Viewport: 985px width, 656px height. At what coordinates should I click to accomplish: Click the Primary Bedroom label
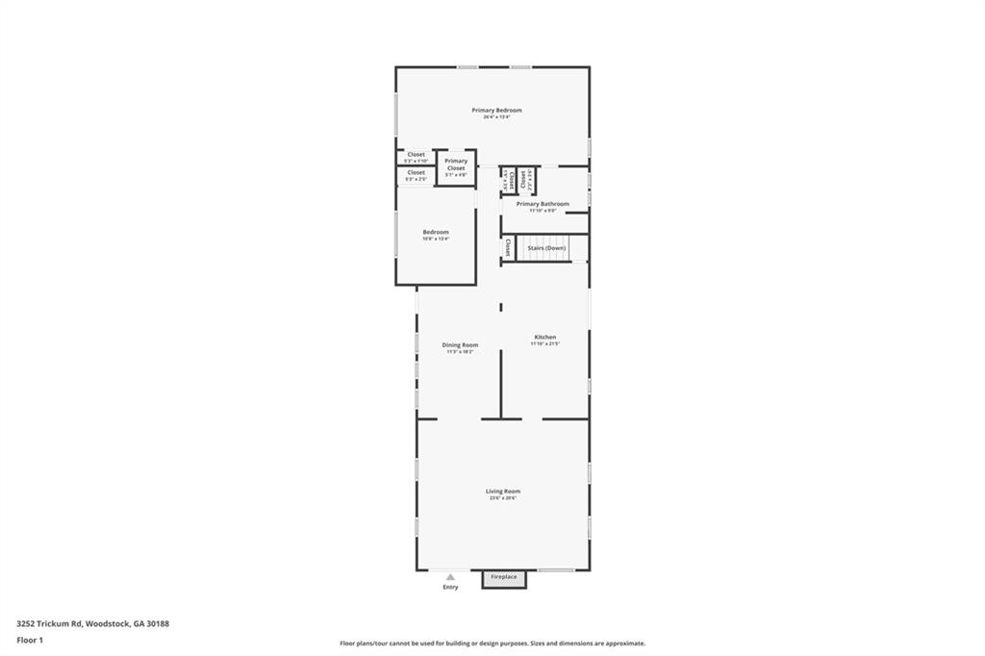tap(496, 111)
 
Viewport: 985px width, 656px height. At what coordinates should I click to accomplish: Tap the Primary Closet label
tap(456, 164)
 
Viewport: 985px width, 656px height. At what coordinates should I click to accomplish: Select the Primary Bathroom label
tap(543, 204)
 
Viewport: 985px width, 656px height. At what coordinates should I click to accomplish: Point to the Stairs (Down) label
tap(546, 248)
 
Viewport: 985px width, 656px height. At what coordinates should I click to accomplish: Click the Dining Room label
tap(460, 344)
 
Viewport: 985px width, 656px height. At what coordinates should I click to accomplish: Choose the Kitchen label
tap(545, 337)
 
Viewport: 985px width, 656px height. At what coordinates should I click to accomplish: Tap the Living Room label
tap(502, 492)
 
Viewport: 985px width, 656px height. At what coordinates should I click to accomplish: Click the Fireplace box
tap(504, 578)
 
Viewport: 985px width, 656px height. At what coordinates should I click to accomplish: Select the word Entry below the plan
tap(450, 587)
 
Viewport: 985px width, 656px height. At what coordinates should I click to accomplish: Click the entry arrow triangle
tap(450, 577)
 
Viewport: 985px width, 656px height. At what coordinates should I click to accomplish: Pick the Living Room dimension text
tap(502, 498)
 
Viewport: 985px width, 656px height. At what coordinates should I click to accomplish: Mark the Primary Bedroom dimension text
tap(496, 117)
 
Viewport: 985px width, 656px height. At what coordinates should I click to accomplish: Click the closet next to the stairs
tap(508, 248)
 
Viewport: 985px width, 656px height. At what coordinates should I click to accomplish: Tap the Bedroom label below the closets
tap(436, 232)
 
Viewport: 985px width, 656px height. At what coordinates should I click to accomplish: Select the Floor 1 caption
tap(30, 640)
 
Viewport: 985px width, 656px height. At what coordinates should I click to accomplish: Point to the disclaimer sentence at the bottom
tap(492, 643)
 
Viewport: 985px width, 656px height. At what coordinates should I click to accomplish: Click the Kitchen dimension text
tap(545, 343)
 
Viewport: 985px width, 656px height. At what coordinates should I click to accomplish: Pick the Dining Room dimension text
tap(460, 351)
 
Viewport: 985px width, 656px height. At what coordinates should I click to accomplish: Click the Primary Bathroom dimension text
tap(543, 211)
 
